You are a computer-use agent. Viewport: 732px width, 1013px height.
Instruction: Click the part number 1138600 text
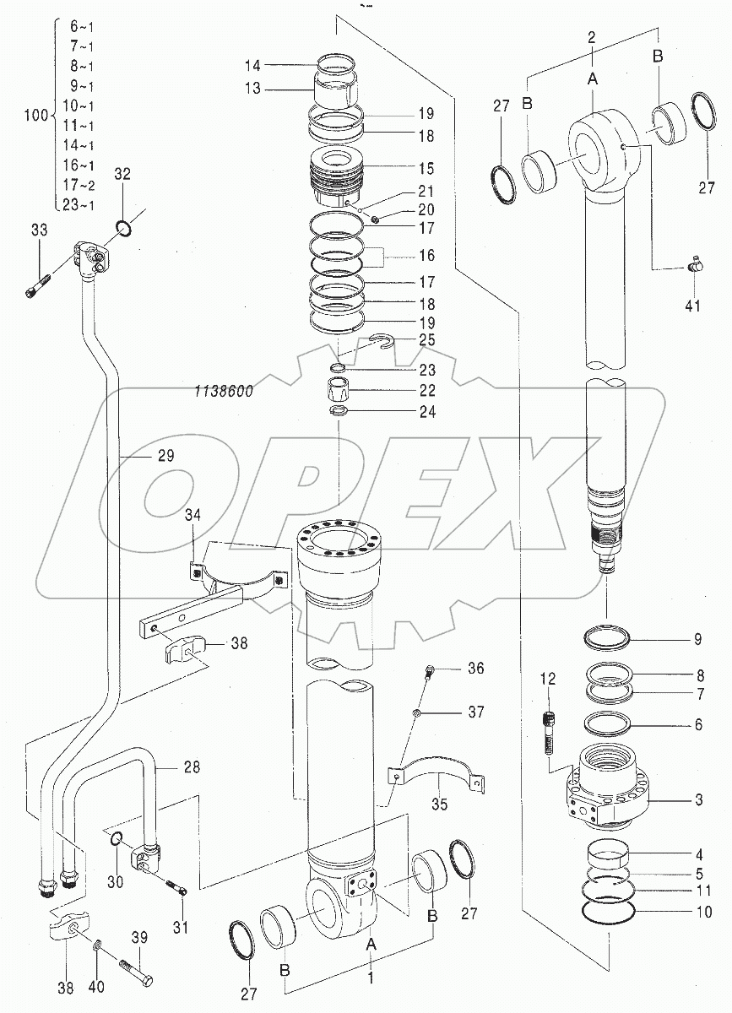(x=221, y=392)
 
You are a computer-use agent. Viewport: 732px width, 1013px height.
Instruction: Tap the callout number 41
(x=692, y=305)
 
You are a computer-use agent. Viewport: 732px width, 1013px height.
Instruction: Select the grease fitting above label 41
(x=692, y=266)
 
